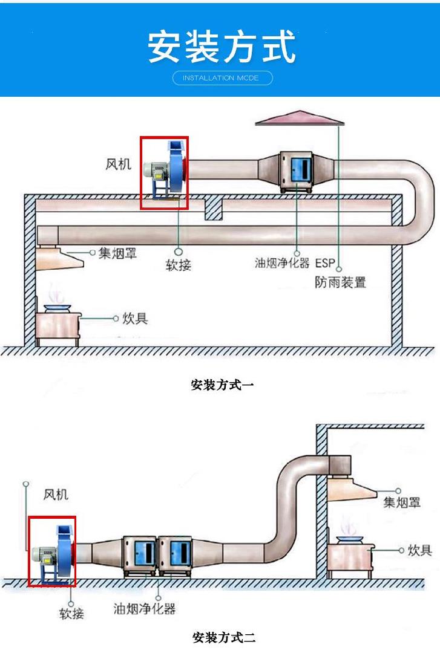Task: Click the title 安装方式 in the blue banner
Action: [x=222, y=47]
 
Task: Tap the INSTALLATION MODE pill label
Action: [x=222, y=78]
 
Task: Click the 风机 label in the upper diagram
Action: [x=117, y=164]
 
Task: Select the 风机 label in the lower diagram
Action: [x=56, y=495]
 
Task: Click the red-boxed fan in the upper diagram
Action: [x=164, y=172]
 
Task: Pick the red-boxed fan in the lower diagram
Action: [x=52, y=551]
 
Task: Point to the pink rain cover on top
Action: [x=300, y=118]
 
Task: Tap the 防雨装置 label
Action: [x=341, y=282]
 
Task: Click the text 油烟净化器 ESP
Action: [x=294, y=263]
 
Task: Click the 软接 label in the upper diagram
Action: [x=179, y=264]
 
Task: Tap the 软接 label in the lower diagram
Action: [x=71, y=614]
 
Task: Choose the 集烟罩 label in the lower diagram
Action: [x=401, y=502]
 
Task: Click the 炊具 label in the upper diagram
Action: [x=135, y=318]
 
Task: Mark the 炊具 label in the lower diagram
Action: [x=419, y=550]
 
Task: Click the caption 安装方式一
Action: [x=222, y=385]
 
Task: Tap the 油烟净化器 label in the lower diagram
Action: [x=145, y=608]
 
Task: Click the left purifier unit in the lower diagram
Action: [x=140, y=555]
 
